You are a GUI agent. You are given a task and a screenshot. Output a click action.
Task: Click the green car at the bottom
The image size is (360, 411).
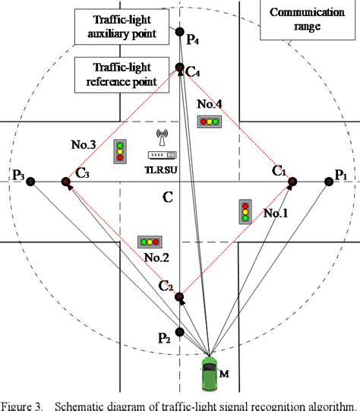(209, 373)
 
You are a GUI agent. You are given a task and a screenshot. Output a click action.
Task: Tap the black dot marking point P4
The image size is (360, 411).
(180, 32)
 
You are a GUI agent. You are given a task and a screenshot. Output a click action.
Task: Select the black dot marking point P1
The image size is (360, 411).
(329, 182)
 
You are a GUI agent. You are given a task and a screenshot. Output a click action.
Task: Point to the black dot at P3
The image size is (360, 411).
(30, 182)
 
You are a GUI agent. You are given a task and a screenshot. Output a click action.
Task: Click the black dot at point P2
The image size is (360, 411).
(180, 332)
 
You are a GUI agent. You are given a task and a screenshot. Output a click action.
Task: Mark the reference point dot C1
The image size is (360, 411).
(292, 182)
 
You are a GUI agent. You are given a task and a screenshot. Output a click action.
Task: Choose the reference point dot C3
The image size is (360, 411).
(68, 182)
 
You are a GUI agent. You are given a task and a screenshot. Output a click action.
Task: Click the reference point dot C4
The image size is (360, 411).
(180, 68)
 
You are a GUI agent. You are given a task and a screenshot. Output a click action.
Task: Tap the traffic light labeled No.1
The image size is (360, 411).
(245, 211)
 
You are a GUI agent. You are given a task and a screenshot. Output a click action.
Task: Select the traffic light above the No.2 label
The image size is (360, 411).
(148, 242)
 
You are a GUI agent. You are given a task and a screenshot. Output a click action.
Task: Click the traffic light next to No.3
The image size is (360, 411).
(120, 152)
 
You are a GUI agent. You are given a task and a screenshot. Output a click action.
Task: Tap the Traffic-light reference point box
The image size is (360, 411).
(124, 74)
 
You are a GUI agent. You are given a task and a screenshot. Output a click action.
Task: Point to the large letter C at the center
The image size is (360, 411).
(167, 198)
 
